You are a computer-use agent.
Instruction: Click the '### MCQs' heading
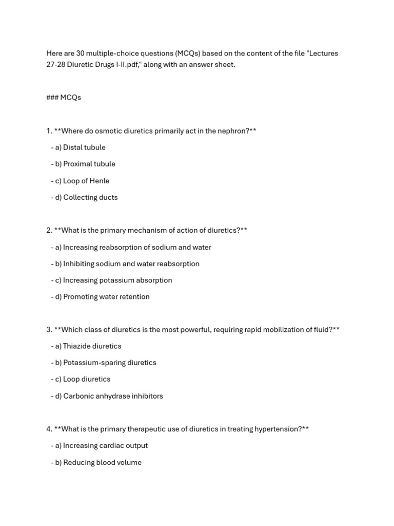64,98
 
